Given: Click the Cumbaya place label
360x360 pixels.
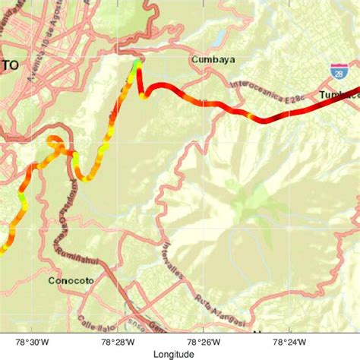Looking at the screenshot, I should pyautogui.click(x=213, y=60).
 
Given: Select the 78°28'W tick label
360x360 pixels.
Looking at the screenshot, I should pyautogui.click(x=118, y=343).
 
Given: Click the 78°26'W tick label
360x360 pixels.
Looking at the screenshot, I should pyautogui.click(x=204, y=343).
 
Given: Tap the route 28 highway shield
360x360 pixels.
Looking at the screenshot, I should pyautogui.click(x=336, y=73).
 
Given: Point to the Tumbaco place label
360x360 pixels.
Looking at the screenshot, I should pyautogui.click(x=339, y=94).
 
